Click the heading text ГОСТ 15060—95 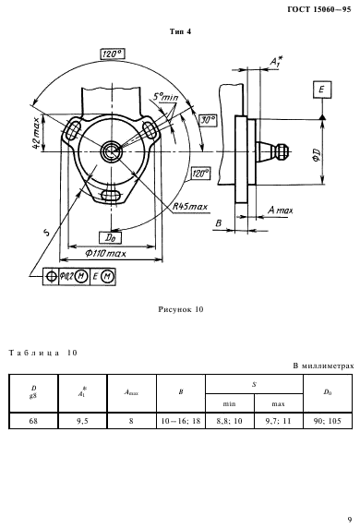(x=319, y=9)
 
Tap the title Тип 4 (x=181, y=31)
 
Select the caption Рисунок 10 (x=181, y=309)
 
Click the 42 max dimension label (x=38, y=132)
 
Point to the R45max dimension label (x=190, y=206)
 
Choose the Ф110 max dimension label (x=105, y=253)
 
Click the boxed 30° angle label (x=208, y=120)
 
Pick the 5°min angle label (x=165, y=97)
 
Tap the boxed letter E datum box (x=322, y=90)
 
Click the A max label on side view (x=281, y=210)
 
